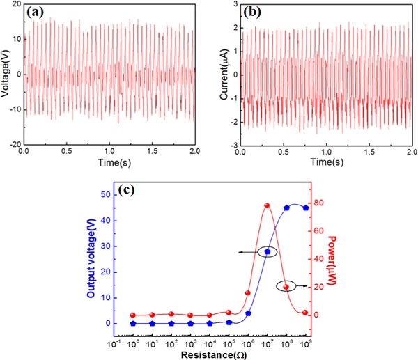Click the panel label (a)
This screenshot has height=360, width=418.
[x=38, y=12]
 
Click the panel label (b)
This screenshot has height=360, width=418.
[x=251, y=12]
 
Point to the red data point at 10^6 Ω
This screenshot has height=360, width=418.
[x=248, y=293]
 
